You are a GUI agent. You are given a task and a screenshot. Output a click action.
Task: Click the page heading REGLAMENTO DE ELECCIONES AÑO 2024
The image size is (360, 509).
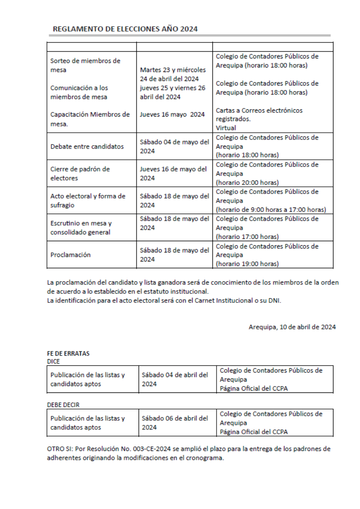[x=125, y=29]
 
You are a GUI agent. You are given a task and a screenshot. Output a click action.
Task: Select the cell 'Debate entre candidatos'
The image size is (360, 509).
[x=87, y=146]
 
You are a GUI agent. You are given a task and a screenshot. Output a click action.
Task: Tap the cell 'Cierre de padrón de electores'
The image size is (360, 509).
[x=80, y=174]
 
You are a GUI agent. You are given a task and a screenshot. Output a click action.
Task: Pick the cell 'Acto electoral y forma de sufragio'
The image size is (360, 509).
[x=88, y=201]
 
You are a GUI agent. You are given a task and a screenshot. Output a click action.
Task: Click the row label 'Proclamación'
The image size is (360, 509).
[x=71, y=255]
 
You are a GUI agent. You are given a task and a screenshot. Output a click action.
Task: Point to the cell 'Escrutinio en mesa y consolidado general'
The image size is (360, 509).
[x=81, y=228]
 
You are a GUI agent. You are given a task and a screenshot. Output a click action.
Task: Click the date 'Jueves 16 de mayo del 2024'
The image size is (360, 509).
[x=173, y=174]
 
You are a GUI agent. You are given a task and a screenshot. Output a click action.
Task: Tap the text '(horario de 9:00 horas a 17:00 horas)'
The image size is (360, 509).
[x=271, y=210]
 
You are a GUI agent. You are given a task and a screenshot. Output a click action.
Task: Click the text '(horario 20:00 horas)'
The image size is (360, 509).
[x=247, y=183]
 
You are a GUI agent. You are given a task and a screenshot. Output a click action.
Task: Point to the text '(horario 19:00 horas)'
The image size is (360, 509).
[x=247, y=264]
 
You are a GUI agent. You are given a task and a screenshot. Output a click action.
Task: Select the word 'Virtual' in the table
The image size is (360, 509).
[x=226, y=128]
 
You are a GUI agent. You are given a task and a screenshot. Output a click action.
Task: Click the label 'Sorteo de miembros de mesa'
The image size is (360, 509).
[x=85, y=65]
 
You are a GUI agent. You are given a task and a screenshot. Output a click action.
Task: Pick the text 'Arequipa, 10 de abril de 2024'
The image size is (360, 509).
[x=292, y=327]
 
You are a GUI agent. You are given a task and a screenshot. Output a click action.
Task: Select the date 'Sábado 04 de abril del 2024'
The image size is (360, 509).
[x=175, y=379]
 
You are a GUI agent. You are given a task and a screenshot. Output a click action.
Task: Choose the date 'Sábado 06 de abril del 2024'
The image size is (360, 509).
[x=175, y=423]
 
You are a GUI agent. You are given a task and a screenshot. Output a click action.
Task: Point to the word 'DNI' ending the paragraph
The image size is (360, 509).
[x=274, y=301]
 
